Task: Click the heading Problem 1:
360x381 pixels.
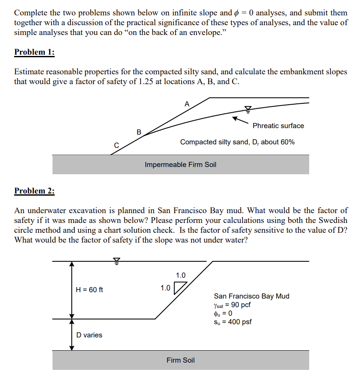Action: point(34,52)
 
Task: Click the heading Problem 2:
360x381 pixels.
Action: point(34,191)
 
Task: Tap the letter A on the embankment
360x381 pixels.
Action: point(187,103)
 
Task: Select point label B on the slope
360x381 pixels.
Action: point(138,132)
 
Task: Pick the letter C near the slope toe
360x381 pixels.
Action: point(116,146)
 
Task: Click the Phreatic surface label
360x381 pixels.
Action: point(278,126)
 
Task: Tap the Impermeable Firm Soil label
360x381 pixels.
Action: point(181,164)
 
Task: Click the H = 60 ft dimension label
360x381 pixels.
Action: point(89,290)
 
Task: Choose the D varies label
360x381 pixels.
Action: point(89,335)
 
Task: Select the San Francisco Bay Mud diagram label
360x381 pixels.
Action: point(252,296)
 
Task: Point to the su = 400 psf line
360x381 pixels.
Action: point(232,322)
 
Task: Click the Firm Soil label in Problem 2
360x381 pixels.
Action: point(181,360)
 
